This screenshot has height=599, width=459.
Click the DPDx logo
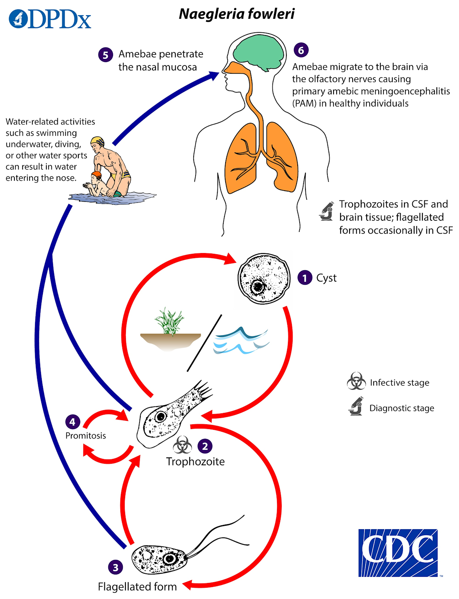pos(50,19)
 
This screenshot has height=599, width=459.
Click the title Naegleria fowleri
pos(237,14)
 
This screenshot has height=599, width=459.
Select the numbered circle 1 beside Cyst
pos(305,278)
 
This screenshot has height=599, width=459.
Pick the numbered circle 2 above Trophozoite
pos(205,446)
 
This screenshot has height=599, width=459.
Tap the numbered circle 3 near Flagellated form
pos(115,567)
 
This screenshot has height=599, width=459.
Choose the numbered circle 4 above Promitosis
pos(72,422)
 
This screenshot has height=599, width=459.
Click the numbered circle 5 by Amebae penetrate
pos(106,55)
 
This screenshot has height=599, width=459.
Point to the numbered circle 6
pos(301,50)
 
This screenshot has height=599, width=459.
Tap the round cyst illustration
pos(264,278)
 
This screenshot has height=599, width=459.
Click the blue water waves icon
pos(240,340)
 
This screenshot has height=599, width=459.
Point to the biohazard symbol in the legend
pos(356,381)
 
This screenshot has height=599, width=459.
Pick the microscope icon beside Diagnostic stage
pos(356,406)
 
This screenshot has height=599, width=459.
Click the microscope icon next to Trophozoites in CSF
pos(327,211)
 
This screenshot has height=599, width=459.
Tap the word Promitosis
pos(85,436)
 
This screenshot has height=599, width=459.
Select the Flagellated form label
pos(137,587)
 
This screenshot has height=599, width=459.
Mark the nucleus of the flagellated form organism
pos(170,558)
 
